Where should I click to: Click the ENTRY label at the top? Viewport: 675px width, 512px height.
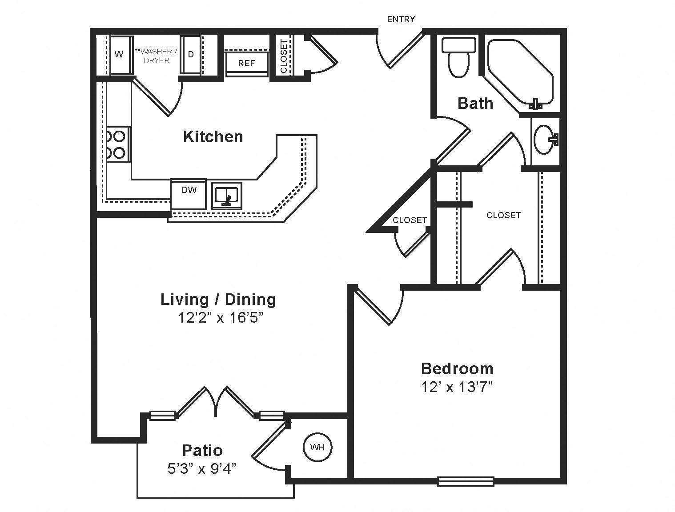[x=401, y=19]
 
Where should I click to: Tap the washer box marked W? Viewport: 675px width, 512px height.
[x=119, y=55]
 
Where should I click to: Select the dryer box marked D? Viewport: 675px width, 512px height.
[x=191, y=55]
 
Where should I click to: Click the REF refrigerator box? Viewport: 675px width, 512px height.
[x=247, y=63]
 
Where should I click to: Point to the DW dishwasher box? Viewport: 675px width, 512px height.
[x=189, y=193]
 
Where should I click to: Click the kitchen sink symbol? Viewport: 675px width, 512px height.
[x=227, y=195]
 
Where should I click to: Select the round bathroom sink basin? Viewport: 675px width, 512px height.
[x=543, y=139]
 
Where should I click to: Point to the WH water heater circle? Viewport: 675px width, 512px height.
[x=317, y=447]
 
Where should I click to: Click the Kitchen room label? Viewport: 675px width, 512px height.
[x=213, y=136]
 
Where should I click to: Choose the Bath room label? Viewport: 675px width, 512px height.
[x=475, y=103]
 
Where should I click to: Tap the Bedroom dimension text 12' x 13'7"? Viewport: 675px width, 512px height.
[x=458, y=387]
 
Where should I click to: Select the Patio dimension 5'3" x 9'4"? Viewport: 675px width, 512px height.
[x=202, y=468]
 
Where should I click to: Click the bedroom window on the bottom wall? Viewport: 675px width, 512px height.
[x=466, y=481]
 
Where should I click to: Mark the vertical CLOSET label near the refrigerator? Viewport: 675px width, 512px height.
[x=284, y=56]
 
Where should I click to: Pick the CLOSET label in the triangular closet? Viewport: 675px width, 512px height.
[x=410, y=220]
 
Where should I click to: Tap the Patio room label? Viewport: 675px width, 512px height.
[x=202, y=450]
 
